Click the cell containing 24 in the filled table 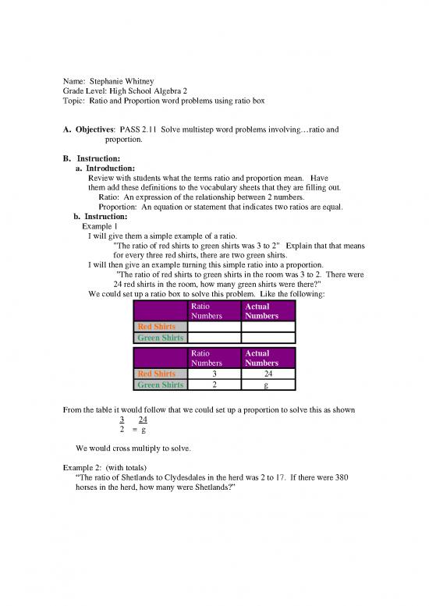pyautogui.click(x=267, y=374)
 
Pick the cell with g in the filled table pyautogui.click(x=267, y=385)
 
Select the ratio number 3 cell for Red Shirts pyautogui.click(x=214, y=374)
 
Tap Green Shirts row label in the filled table pyautogui.click(x=161, y=385)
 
